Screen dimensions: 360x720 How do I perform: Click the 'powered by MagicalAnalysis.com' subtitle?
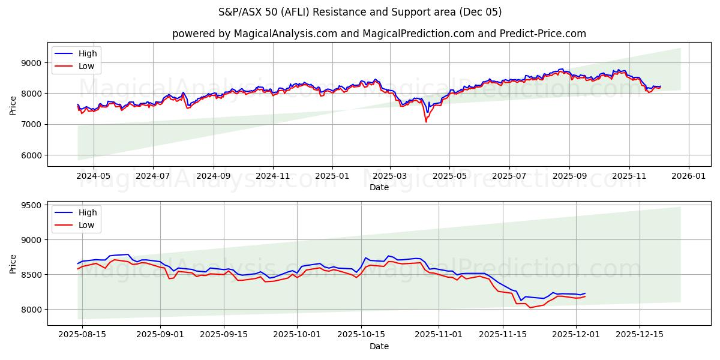tap(379, 34)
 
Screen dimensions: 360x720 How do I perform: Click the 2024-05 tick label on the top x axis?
tap(94, 176)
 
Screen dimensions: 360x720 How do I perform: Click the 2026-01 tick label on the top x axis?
tap(688, 176)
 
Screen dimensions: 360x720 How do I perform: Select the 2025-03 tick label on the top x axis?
tap(390, 176)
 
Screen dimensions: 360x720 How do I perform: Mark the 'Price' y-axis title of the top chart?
tap(13, 105)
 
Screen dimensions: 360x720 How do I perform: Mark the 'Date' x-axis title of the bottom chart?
tap(379, 346)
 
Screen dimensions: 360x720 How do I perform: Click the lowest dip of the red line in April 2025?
tap(426, 122)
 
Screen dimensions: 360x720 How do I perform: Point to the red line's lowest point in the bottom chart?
tap(530, 308)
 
